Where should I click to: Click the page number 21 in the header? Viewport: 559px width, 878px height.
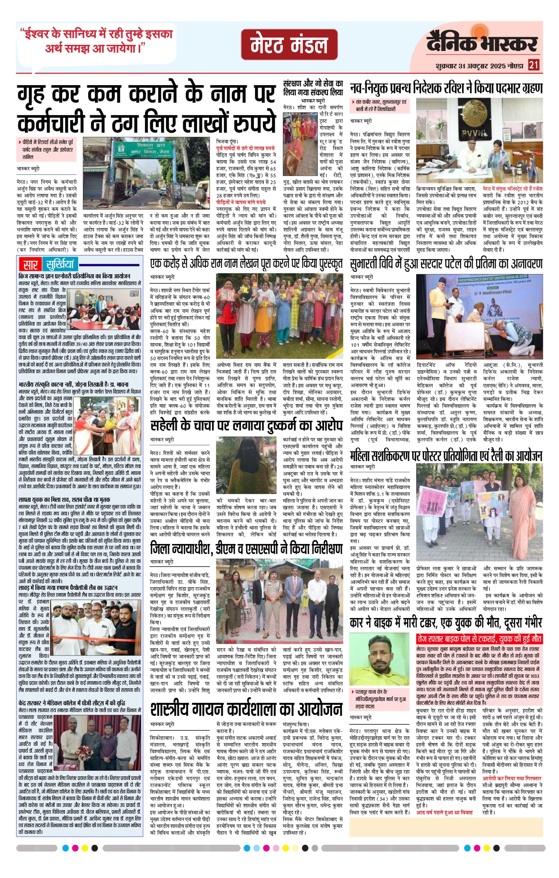[534, 65]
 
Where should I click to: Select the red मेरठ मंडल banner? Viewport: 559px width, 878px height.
[289, 45]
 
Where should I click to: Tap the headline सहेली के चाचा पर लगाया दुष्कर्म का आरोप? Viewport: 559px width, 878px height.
[246, 426]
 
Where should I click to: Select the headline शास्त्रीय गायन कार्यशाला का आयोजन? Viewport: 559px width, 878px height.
[246, 709]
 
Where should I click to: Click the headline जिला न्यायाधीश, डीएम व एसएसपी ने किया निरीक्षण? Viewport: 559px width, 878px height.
[246, 549]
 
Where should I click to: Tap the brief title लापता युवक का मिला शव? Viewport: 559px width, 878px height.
[64, 499]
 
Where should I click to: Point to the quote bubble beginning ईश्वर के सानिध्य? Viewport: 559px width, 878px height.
[96, 41]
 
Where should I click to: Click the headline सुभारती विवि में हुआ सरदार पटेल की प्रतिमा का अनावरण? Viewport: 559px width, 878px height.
[446, 264]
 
